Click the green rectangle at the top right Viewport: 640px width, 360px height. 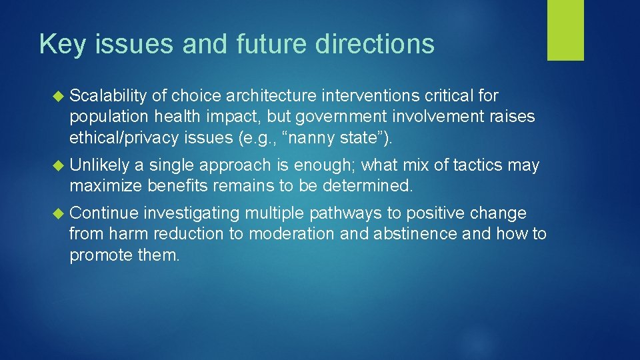565,30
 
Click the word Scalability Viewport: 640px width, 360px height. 108,96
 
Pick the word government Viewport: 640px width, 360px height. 346,117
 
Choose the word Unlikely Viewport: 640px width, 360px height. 99,165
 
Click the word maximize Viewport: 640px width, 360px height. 105,185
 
